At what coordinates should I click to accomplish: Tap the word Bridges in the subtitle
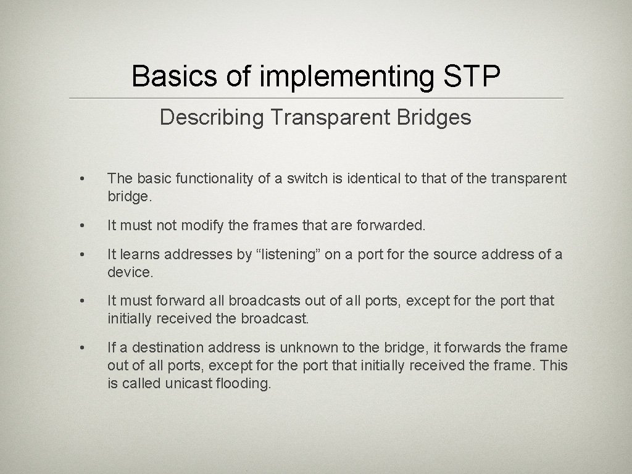click(436, 117)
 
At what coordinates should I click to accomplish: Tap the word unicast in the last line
click(188, 384)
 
